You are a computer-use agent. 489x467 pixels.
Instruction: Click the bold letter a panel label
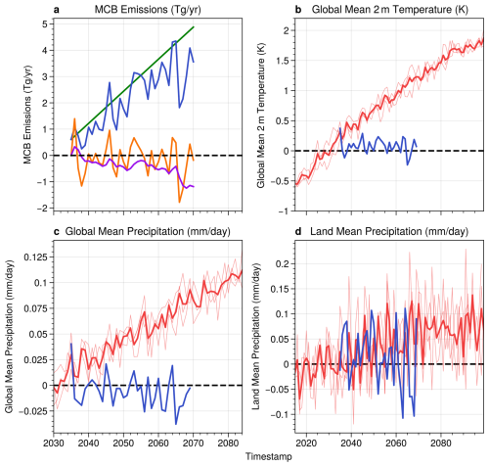click(58, 10)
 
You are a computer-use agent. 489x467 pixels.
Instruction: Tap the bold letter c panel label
click(58, 231)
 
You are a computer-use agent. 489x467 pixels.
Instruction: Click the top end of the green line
click(194, 26)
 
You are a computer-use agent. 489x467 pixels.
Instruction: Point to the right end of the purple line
click(194, 186)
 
